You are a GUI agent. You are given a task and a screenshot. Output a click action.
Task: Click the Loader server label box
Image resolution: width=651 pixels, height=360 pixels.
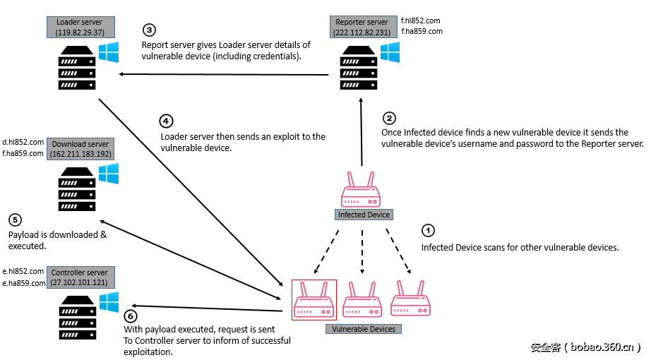pos(80,28)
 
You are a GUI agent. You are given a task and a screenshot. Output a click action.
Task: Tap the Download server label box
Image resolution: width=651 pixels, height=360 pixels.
pos(80,149)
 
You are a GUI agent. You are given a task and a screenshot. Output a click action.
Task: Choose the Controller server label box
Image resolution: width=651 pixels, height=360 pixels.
pos(79,277)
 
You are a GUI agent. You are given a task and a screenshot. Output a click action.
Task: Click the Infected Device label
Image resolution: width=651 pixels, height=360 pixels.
pos(364,215)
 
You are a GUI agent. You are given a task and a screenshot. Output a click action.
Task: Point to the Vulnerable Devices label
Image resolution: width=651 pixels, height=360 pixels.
pos(364,329)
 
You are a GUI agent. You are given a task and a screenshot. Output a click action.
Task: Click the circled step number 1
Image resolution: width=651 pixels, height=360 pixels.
pos(428,231)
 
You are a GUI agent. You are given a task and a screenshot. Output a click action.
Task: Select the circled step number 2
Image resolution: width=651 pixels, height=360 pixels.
pos(389,119)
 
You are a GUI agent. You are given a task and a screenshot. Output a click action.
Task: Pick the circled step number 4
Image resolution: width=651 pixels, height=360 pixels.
pos(167,121)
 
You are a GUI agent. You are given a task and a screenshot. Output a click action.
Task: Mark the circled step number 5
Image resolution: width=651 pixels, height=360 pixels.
pos(15,220)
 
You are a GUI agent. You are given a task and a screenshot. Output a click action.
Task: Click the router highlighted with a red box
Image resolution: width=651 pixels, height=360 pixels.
pos(314,300)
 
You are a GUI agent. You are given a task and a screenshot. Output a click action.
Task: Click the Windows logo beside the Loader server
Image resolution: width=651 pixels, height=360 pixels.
pos(109,52)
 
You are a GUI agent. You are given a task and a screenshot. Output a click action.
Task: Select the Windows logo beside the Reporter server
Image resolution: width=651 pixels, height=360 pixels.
pos(390,52)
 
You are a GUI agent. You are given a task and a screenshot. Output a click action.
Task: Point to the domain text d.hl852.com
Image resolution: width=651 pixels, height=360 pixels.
pos(23,142)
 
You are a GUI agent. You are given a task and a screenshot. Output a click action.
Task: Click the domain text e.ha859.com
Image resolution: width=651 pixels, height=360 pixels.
pos(23,282)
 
